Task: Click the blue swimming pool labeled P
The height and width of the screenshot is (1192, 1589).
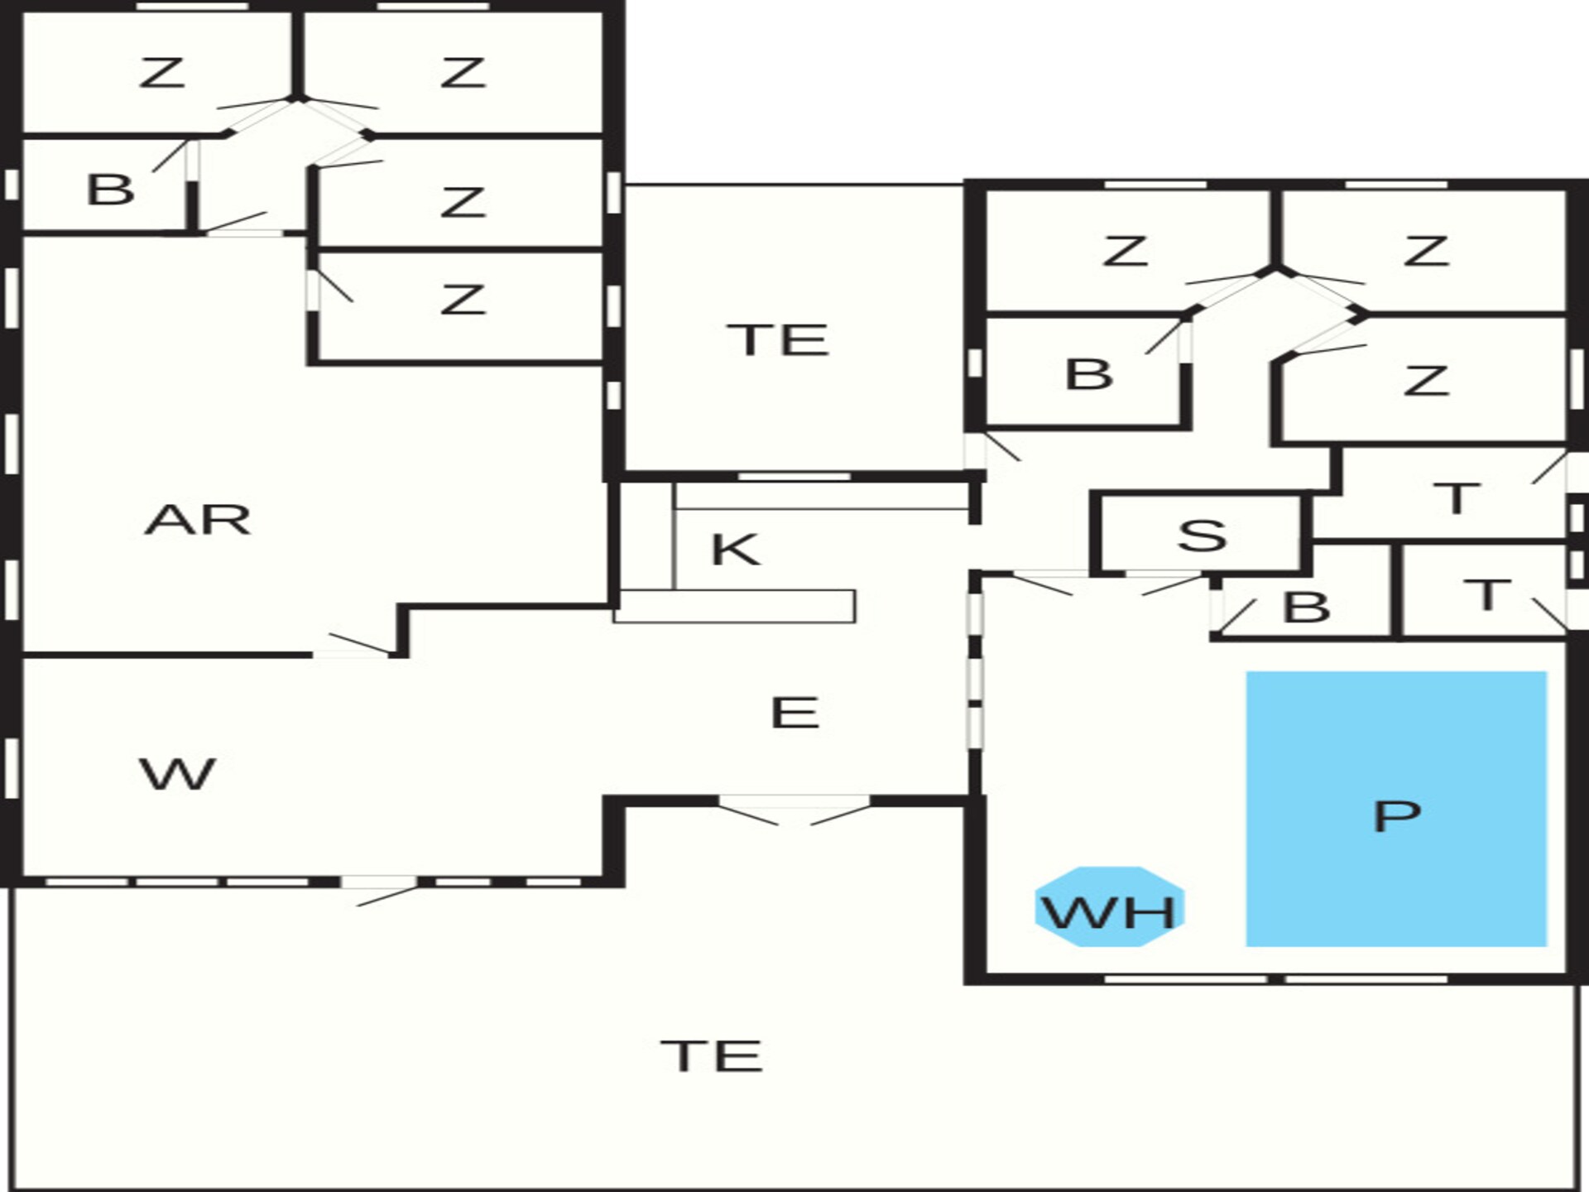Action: click(1396, 809)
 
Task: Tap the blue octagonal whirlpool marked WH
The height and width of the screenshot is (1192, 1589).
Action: click(1109, 906)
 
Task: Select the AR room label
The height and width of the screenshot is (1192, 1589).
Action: click(197, 520)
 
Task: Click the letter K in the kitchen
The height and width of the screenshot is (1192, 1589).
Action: click(735, 549)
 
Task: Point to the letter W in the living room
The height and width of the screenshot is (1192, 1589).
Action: click(178, 774)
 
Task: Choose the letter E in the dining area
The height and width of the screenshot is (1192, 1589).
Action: click(794, 713)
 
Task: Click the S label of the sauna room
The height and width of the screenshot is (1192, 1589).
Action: click(1202, 536)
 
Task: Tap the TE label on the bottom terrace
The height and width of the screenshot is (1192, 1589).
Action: click(712, 1056)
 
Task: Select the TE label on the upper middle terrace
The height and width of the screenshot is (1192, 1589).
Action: click(778, 340)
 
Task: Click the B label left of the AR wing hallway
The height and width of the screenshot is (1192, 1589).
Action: click(110, 190)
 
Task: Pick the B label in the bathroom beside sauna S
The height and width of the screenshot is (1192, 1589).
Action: click(1306, 607)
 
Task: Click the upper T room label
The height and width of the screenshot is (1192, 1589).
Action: click(1456, 498)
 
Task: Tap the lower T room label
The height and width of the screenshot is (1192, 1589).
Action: click(1486, 595)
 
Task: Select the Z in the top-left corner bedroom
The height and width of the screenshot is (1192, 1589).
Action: click(161, 73)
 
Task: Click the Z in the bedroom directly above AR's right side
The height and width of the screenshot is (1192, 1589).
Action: click(462, 299)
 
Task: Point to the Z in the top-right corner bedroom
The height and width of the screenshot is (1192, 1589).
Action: click(1426, 251)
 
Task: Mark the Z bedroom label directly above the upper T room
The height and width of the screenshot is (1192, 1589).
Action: click(1426, 381)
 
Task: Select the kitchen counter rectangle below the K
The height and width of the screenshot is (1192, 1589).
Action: click(734, 606)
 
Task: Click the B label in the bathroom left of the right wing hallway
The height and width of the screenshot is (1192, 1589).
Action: click(1088, 374)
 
